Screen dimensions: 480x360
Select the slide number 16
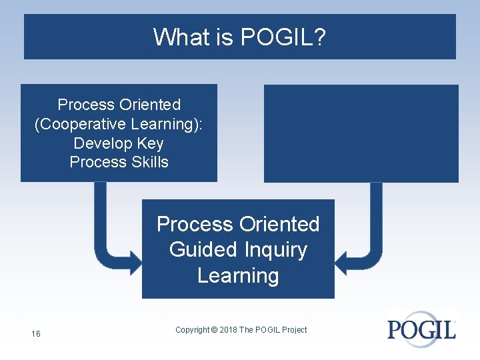[35, 333]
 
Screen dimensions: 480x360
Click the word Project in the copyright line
[294, 330]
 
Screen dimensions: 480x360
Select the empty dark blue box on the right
[361, 133]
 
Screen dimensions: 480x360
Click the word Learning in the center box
[238, 275]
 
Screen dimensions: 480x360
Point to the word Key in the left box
[150, 143]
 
